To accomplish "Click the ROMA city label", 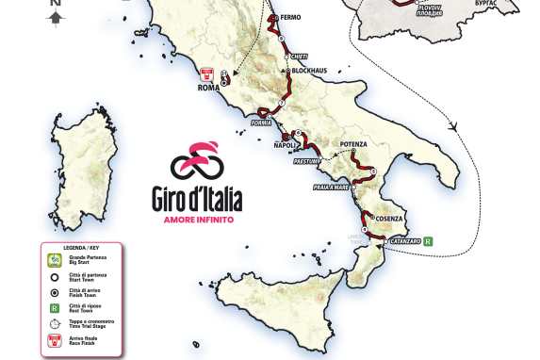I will click(x=207, y=89).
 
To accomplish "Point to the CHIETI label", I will click(x=301, y=55).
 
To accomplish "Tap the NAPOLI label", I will click(x=286, y=145).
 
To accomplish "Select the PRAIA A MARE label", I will click(x=335, y=188).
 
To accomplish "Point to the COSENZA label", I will click(x=385, y=218).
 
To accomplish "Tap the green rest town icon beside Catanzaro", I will click(x=429, y=240).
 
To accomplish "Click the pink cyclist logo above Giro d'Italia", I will click(x=197, y=163).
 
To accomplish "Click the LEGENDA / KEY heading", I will click(x=80, y=248).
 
